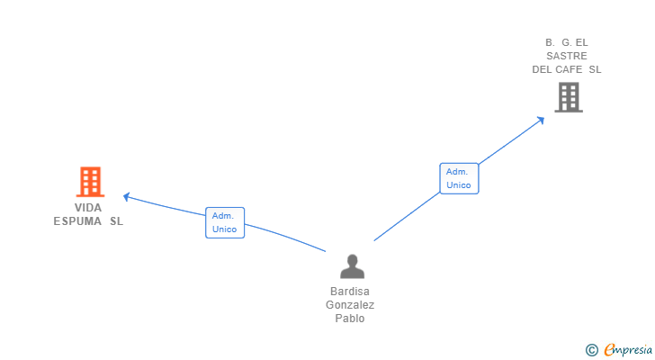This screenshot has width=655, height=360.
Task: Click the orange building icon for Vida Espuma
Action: (x=89, y=182)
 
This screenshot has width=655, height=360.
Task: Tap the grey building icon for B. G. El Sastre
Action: (x=568, y=97)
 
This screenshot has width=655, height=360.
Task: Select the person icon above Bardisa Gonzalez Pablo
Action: (x=352, y=266)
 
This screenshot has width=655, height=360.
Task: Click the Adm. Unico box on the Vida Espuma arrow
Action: (x=224, y=222)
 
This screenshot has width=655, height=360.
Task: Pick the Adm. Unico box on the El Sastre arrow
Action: (x=459, y=178)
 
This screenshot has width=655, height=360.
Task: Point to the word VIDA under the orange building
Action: (x=88, y=208)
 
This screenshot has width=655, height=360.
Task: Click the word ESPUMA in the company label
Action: (x=77, y=221)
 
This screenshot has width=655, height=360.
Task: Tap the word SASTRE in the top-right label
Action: (x=567, y=56)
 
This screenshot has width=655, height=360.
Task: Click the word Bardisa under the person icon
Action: (x=350, y=292)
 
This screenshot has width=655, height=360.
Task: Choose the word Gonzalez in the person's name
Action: (x=350, y=305)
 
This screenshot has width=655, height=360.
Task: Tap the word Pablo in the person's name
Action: (x=350, y=319)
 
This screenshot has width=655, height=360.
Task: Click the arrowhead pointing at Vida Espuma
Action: (x=127, y=195)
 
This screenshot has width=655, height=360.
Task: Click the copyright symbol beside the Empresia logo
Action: (x=591, y=350)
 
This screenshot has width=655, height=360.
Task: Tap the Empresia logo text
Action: (x=627, y=350)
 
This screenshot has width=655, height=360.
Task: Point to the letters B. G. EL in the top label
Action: (x=566, y=42)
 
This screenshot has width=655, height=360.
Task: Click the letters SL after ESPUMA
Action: (x=117, y=221)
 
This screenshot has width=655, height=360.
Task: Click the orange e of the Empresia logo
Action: (x=609, y=350)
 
